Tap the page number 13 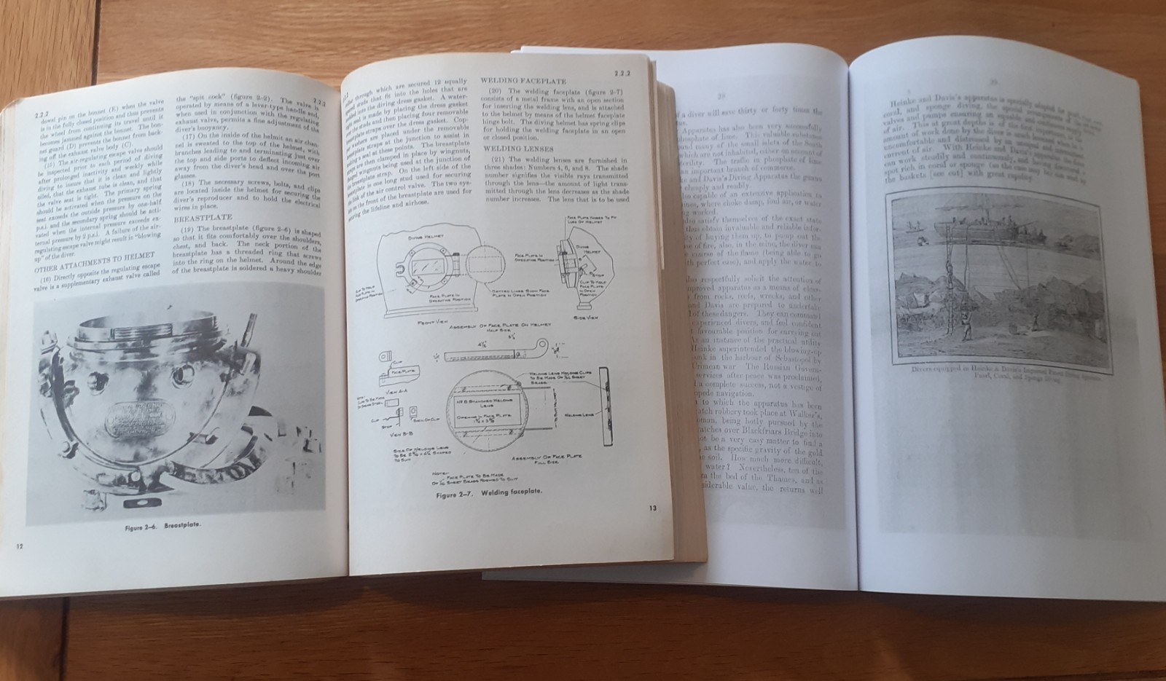point(652,508)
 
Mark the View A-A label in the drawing point(396,390)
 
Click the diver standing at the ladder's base point(966,327)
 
